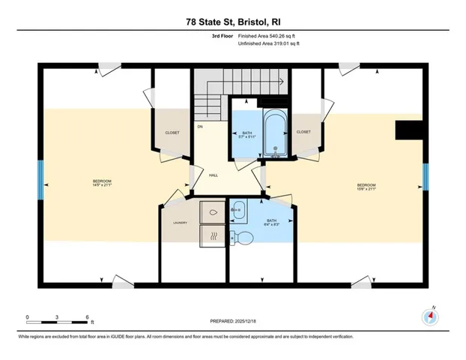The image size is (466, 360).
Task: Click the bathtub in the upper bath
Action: pyautogui.click(x=274, y=133)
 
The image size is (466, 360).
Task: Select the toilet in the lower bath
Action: pyautogui.click(x=243, y=238)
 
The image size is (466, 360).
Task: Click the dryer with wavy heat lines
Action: pyautogui.click(x=212, y=236)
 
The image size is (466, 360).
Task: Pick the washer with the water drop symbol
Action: pyautogui.click(x=212, y=212)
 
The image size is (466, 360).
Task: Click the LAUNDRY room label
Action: pyautogui.click(x=179, y=223)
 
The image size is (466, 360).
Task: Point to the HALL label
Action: pyautogui.click(x=213, y=175)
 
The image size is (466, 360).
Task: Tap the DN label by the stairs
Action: pyautogui.click(x=200, y=126)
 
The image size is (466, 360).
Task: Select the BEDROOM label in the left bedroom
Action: pyautogui.click(x=102, y=181)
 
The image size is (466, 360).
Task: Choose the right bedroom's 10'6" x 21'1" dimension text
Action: pyautogui.click(x=366, y=190)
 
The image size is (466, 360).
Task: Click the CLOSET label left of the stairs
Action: pyautogui.click(x=172, y=133)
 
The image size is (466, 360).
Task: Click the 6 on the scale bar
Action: pyautogui.click(x=88, y=316)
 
